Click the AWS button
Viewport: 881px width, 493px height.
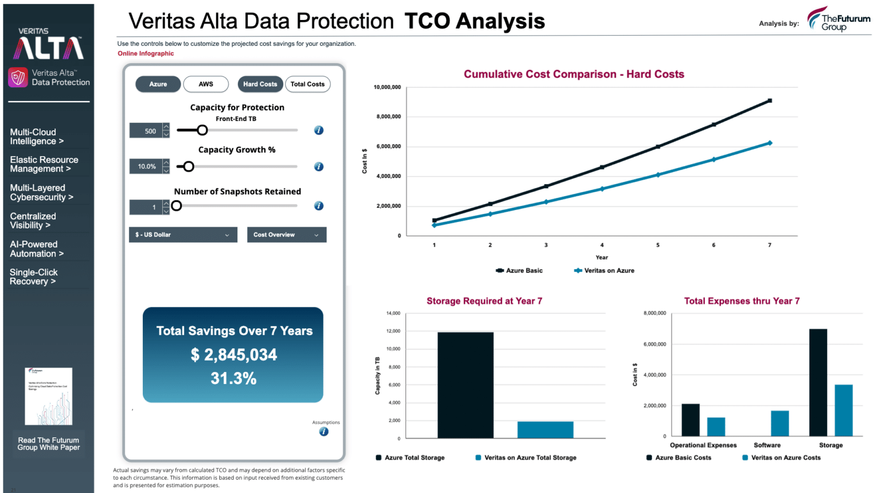point(206,84)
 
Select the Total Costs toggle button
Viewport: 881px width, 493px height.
point(307,84)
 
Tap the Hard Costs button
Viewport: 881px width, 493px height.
point(260,84)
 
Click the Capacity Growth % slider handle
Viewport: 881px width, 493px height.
point(188,166)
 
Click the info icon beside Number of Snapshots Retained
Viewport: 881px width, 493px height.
point(319,206)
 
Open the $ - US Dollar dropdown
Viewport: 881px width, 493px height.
point(182,235)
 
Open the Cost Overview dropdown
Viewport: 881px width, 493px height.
point(286,235)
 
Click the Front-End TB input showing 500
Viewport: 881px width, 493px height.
point(146,131)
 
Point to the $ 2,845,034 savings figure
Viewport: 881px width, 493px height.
point(233,355)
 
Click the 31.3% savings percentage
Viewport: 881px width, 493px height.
point(233,379)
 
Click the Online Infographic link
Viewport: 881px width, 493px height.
point(146,53)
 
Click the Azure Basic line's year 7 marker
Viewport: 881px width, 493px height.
point(770,100)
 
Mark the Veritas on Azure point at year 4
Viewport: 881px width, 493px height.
point(602,189)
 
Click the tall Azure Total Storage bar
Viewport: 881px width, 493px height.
point(465,385)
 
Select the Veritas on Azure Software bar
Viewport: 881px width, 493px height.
point(779,424)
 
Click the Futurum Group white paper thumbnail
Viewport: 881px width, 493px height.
point(49,396)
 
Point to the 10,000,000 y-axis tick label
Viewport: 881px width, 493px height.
point(387,87)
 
